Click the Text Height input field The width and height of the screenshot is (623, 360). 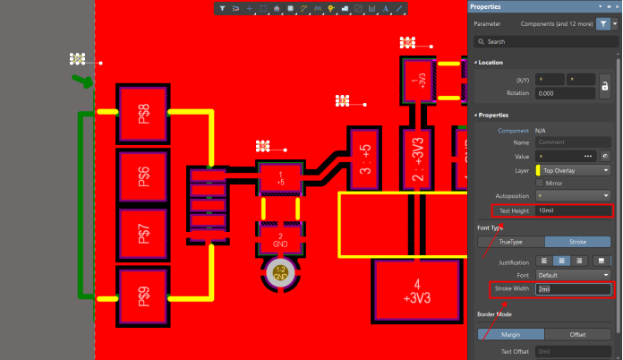click(x=573, y=210)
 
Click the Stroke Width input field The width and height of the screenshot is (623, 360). click(x=573, y=289)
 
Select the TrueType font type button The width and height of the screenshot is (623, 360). click(x=510, y=242)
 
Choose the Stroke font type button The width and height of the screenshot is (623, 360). click(x=578, y=242)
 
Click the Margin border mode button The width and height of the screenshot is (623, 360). click(x=510, y=334)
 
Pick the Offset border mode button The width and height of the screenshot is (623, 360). click(x=578, y=334)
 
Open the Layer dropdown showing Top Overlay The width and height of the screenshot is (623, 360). click(x=573, y=169)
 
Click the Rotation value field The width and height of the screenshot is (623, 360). click(x=565, y=93)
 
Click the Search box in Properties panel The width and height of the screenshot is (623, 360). click(x=546, y=41)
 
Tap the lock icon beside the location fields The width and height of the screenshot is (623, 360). click(x=605, y=86)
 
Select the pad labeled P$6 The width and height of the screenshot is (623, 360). click(x=143, y=176)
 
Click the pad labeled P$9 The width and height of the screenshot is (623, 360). click(x=143, y=295)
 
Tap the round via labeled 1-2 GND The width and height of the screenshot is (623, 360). click(x=280, y=273)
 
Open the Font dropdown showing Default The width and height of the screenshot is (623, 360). click(x=573, y=275)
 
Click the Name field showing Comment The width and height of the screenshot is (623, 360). click(x=573, y=142)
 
